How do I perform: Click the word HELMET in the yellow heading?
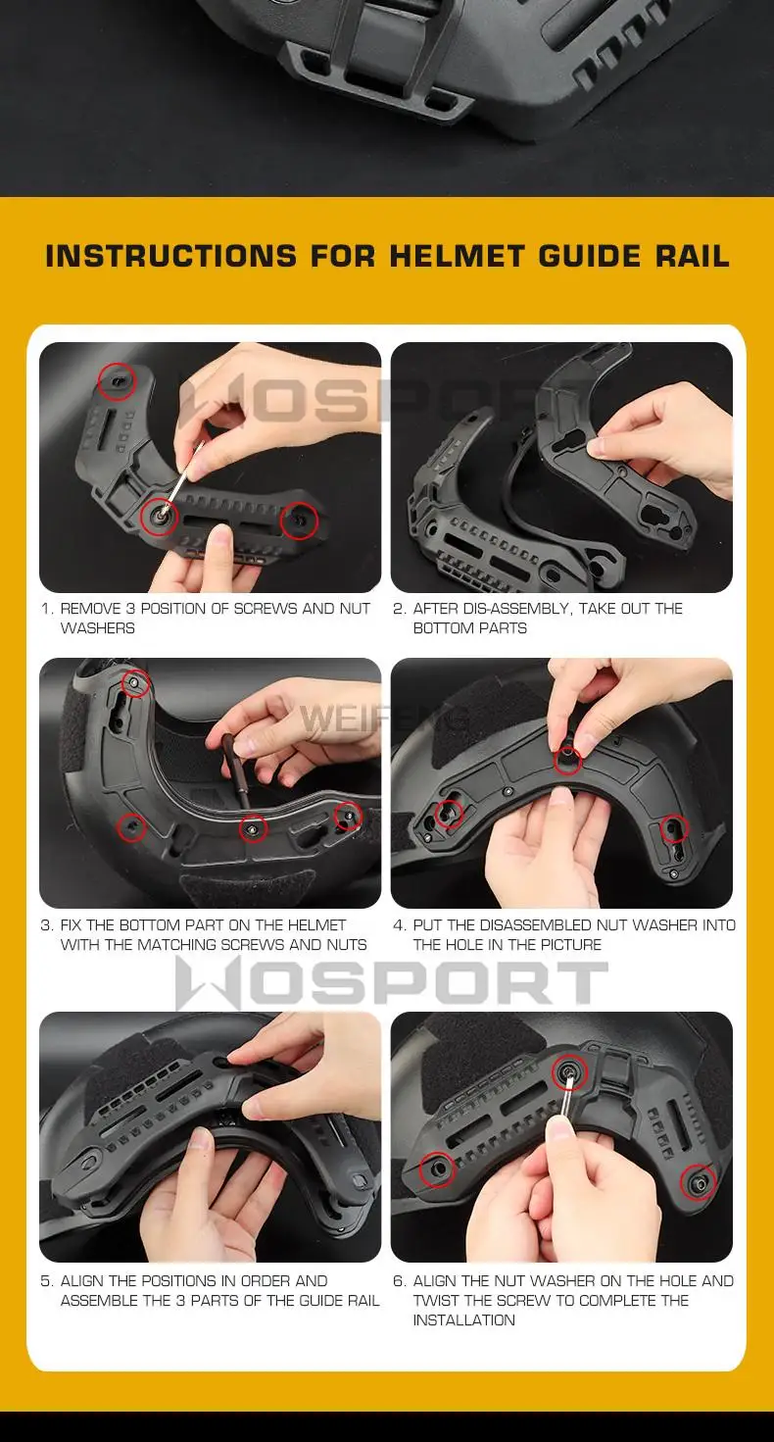tap(457, 256)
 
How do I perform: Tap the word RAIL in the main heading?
tap(693, 256)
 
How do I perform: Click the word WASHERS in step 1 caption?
tap(98, 628)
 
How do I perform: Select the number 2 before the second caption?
tap(398, 609)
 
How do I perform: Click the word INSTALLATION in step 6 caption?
tap(463, 1319)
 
